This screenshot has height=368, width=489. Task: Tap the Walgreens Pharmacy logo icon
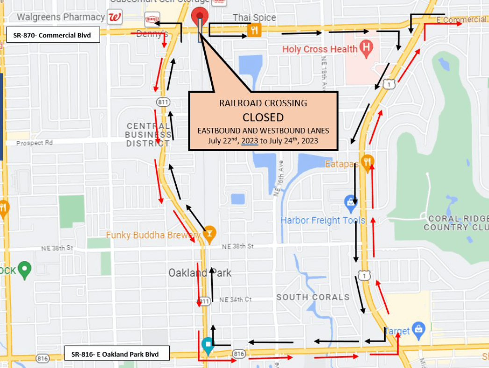click(x=115, y=18)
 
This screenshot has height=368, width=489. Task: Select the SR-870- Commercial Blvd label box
click(x=53, y=35)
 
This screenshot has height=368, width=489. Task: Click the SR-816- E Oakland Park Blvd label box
click(x=117, y=354)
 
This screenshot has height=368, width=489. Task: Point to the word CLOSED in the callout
click(x=263, y=117)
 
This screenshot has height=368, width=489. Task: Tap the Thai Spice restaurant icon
click(x=254, y=31)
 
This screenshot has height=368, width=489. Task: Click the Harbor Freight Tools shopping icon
click(x=350, y=202)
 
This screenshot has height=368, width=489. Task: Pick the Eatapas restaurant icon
click(x=367, y=162)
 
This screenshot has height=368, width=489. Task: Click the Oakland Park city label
click(x=200, y=273)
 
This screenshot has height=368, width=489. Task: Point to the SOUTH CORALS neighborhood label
click(x=313, y=297)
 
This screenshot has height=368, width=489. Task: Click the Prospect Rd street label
click(x=35, y=143)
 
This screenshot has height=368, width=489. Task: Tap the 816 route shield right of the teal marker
click(x=238, y=353)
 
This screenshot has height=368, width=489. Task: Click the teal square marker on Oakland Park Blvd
click(x=207, y=345)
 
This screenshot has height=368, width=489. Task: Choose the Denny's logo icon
click(x=152, y=19)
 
